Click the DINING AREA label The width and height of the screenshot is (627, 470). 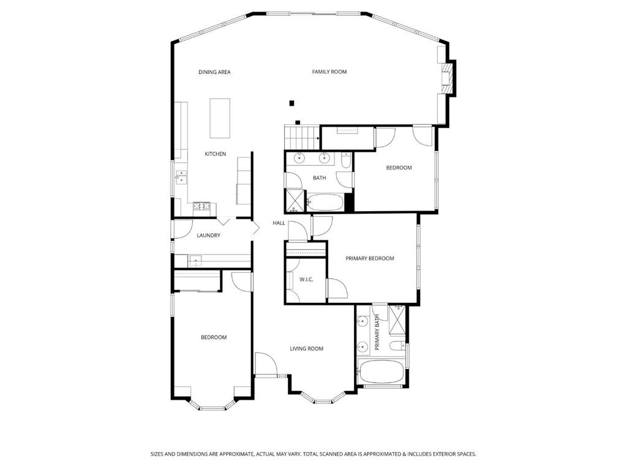point(214,72)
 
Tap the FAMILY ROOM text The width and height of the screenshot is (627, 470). point(329,72)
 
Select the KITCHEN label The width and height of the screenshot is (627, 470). point(215,154)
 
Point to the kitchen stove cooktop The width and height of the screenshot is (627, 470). point(201,206)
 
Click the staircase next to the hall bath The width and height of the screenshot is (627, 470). point(302,136)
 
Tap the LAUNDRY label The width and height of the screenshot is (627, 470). point(208,236)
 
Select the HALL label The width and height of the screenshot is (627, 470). point(279,223)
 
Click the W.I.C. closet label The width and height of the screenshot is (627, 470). point(306,280)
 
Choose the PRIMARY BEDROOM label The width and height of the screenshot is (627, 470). point(370,259)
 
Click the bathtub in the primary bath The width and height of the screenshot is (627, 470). point(380,371)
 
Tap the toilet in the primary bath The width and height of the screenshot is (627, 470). point(397,347)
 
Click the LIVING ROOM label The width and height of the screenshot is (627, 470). point(307,349)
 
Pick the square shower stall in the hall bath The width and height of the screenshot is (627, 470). point(295,199)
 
